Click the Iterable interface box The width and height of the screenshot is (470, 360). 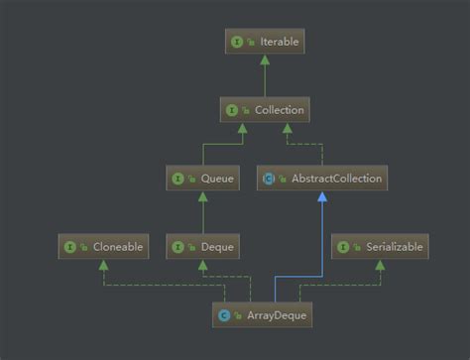(x=263, y=43)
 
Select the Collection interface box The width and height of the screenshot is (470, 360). (x=263, y=110)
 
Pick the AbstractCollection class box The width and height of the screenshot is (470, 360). (x=320, y=179)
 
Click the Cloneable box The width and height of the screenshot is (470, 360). (x=104, y=247)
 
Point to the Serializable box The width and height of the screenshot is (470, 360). (x=380, y=247)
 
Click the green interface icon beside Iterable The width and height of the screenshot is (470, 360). (x=236, y=43)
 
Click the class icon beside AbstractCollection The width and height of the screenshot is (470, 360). (x=270, y=179)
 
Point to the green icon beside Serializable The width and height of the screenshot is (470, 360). (x=343, y=247)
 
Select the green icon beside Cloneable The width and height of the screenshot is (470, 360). (x=71, y=247)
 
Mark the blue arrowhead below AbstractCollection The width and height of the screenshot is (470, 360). (x=320, y=196)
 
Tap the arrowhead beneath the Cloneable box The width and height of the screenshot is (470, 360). (x=104, y=265)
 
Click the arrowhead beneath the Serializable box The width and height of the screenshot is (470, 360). (x=380, y=265)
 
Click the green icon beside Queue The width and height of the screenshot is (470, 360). (x=178, y=179)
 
